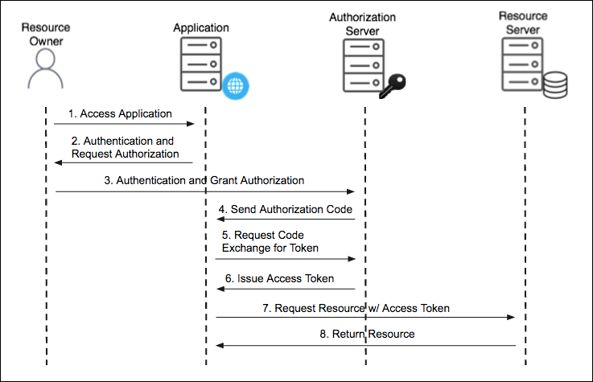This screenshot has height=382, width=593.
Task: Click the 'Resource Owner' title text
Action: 45,33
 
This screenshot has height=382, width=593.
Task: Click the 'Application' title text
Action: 201,28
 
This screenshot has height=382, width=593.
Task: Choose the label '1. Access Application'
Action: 119,114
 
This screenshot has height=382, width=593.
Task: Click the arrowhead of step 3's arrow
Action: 352,191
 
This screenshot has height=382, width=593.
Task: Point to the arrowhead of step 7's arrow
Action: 511,318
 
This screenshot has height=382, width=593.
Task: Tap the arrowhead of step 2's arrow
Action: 59,162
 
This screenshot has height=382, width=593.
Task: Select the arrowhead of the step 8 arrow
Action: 219,345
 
